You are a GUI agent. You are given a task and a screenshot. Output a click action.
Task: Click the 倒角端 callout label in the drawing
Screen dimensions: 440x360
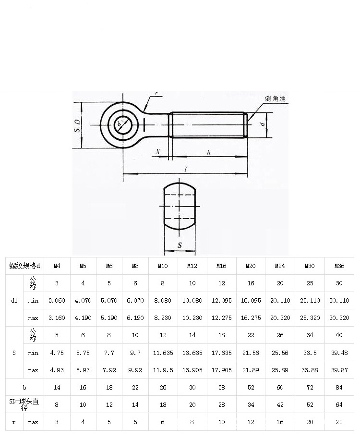pyautogui.click(x=275, y=98)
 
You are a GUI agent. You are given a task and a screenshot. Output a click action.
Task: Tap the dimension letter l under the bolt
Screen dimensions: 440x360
pyautogui.click(x=185, y=170)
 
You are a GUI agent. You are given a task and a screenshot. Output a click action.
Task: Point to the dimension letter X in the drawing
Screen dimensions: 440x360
pyautogui.click(x=158, y=152)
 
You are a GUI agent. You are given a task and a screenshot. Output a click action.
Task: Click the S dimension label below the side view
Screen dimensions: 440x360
pyautogui.click(x=180, y=245)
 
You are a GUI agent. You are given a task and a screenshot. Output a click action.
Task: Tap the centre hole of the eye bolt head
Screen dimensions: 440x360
pyautogui.click(x=122, y=125)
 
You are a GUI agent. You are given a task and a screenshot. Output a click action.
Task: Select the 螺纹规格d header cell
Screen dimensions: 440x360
pyautogui.click(x=24, y=266)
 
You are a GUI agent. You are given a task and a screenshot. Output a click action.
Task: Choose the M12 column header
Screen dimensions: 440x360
pyautogui.click(x=192, y=266)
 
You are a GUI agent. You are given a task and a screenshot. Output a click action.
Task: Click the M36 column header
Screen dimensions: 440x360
pyautogui.click(x=339, y=266)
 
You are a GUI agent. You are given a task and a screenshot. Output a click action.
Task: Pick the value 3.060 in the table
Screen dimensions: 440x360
pyautogui.click(x=57, y=300)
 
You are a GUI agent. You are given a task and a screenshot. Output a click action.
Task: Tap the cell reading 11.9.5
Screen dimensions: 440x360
pyautogui.click(x=163, y=370)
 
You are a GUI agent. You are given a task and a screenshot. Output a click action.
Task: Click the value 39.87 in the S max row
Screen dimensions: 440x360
pyautogui.click(x=339, y=370)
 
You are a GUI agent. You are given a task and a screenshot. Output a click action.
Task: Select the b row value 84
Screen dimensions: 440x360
pyautogui.click(x=339, y=388)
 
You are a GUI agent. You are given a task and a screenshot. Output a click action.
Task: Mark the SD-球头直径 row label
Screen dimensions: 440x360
pyautogui.click(x=24, y=404)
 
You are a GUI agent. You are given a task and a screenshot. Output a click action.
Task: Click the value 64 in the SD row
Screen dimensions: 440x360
pyautogui.click(x=339, y=404)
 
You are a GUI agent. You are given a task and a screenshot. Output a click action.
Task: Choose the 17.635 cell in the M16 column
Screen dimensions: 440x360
pyautogui.click(x=221, y=353)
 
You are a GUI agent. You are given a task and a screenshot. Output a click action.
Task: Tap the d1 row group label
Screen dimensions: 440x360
pyautogui.click(x=14, y=300)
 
